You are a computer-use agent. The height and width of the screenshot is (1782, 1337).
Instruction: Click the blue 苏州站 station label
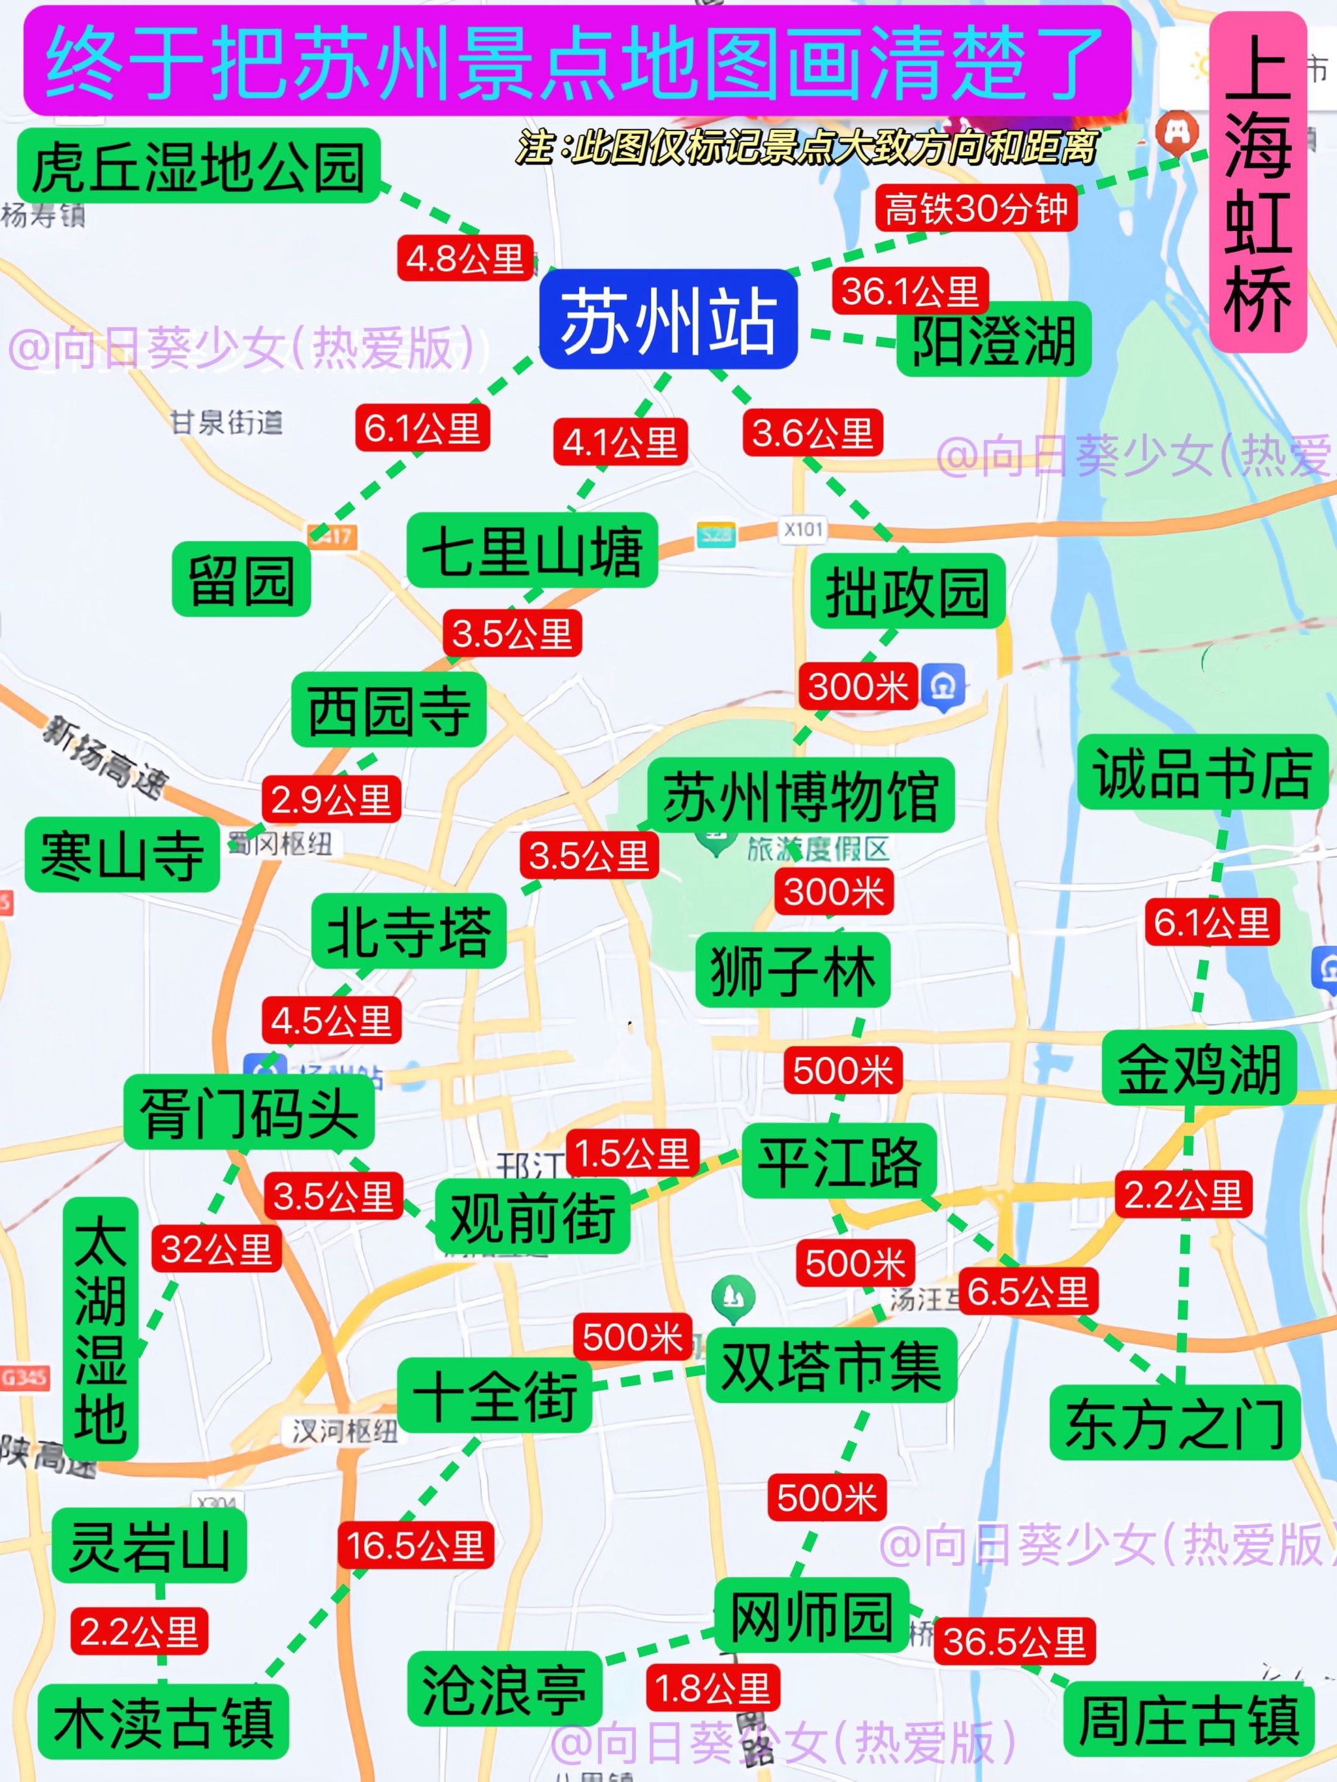pos(668,319)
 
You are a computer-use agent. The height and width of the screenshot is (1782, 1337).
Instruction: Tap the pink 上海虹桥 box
pos(1257,182)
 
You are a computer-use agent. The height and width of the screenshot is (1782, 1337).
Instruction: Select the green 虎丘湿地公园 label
pos(198,166)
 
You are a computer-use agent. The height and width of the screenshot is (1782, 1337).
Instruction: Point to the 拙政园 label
pos(907,591)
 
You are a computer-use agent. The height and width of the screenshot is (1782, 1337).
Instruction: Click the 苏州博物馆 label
pos(801,795)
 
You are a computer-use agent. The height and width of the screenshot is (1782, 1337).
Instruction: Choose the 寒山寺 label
pos(123,854)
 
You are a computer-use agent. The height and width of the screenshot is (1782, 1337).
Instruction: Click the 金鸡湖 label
pos(1199,1067)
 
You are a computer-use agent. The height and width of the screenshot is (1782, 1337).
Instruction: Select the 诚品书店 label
pos(1203,771)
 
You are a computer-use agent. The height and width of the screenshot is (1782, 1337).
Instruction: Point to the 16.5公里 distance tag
pos(415,1544)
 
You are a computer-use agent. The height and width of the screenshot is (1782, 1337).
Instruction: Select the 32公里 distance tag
pos(216,1249)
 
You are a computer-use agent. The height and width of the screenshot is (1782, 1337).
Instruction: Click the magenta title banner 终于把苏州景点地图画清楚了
pos(576,61)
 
